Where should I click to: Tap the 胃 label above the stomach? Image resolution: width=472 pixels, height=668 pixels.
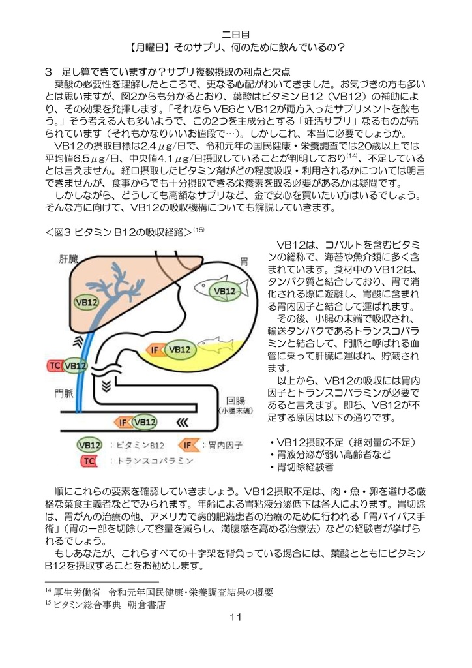point(244,260)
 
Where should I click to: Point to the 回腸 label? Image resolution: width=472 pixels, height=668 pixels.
point(235,400)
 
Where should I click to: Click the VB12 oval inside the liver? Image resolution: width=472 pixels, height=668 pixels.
point(87,302)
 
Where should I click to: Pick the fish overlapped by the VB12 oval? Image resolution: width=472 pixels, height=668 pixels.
point(218,288)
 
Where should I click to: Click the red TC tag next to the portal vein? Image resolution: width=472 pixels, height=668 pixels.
point(56,365)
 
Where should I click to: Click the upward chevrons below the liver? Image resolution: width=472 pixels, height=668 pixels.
point(79,341)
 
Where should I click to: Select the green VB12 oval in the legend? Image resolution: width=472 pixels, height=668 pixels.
point(89,445)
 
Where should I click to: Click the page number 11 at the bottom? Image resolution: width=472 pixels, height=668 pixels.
point(235,618)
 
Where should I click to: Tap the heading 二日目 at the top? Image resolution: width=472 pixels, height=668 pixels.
point(235,33)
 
